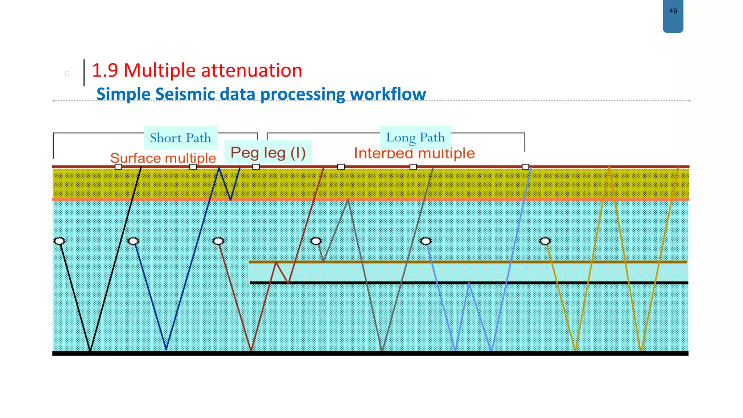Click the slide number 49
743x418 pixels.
[x=673, y=11]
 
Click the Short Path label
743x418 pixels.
[x=180, y=138]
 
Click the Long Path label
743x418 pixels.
[x=415, y=138]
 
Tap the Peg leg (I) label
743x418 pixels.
[x=268, y=152]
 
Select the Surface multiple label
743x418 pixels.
[x=163, y=158]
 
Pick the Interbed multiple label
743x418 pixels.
[x=414, y=153]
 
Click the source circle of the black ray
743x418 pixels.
[x=59, y=241]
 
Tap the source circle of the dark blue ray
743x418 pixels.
[x=134, y=241]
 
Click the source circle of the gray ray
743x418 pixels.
[x=316, y=241]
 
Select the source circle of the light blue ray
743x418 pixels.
[x=426, y=241]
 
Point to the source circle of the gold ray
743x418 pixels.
[x=545, y=241]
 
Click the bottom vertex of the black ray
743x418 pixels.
[x=90, y=351]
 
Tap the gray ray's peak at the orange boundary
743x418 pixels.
[x=348, y=200]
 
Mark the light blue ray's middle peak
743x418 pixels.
[x=469, y=284]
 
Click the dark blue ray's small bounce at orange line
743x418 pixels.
[x=230, y=199]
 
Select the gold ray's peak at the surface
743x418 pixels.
[x=609, y=167]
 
